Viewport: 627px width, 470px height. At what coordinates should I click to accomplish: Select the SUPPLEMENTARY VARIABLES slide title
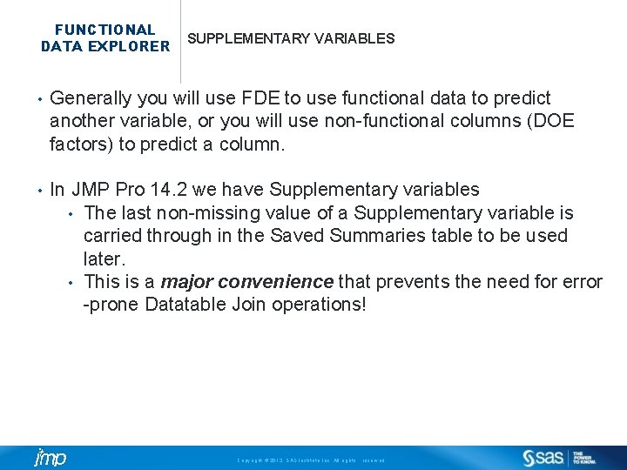coord(291,39)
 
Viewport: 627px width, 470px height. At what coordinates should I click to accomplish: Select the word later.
coord(103,258)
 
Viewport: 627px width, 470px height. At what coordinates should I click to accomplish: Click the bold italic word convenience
coord(275,282)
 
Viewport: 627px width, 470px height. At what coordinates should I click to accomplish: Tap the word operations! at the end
coord(319,305)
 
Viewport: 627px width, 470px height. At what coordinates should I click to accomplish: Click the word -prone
coord(111,305)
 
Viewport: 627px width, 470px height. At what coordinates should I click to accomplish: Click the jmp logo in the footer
coord(50,458)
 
